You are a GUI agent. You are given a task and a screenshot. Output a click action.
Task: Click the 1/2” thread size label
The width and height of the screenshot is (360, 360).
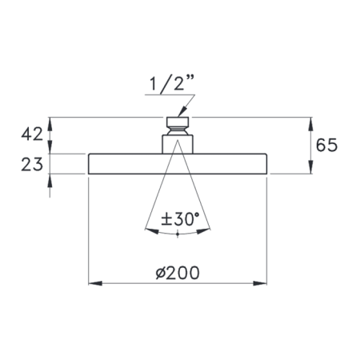coord(170,84)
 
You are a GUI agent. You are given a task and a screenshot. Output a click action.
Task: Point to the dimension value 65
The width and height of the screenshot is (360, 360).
coord(327,146)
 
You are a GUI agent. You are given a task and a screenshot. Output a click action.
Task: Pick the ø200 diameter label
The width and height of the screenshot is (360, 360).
coord(178,272)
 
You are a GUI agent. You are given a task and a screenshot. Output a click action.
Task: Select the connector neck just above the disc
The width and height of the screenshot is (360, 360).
coord(178,144)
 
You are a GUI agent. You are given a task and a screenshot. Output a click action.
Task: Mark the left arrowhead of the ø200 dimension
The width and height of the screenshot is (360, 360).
coord(93,282)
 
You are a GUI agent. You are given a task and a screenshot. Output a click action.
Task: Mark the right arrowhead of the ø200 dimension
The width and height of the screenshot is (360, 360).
coord(262,282)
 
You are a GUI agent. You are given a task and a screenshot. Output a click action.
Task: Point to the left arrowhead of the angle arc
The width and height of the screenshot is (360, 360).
coord(150,230)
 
